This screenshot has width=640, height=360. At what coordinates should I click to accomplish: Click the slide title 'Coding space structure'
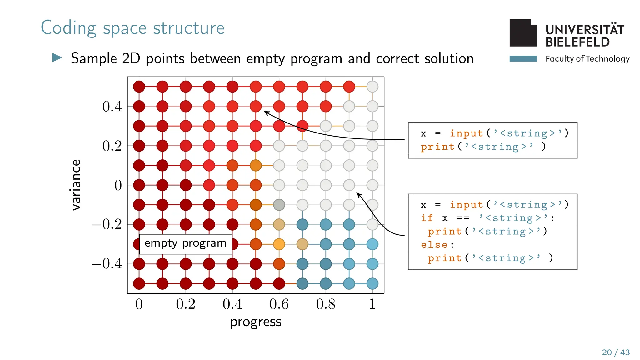coord(132,28)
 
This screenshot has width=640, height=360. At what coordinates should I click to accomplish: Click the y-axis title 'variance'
coord(76,185)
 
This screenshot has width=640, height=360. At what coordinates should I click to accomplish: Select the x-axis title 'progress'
coord(256,322)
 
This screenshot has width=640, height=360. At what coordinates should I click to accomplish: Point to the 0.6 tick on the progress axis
coord(279,304)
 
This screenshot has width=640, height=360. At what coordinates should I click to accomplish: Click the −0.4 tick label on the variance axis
coord(107,264)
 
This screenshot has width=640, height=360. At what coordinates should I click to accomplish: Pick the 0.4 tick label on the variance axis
coord(112,107)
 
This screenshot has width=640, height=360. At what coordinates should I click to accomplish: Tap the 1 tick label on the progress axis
coord(372,304)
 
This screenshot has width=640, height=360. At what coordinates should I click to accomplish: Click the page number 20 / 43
coord(616,352)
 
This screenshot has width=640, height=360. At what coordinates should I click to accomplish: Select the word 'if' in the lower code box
coord(427,218)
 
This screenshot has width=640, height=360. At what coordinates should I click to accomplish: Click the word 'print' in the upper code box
coord(437,147)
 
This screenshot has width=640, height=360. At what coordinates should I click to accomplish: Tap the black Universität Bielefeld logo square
coord(523,33)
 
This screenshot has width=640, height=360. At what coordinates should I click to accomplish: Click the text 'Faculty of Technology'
coord(587,59)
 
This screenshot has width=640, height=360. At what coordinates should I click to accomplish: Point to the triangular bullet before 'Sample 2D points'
coord(57,57)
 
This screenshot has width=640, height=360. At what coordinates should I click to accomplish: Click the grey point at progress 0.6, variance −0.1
coord(279,205)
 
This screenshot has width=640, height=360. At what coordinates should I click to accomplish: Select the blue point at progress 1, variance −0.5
coord(372,284)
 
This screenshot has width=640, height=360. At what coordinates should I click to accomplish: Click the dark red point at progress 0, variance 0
coord(139,185)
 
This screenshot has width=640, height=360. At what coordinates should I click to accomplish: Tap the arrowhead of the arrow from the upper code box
coord(265,112)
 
